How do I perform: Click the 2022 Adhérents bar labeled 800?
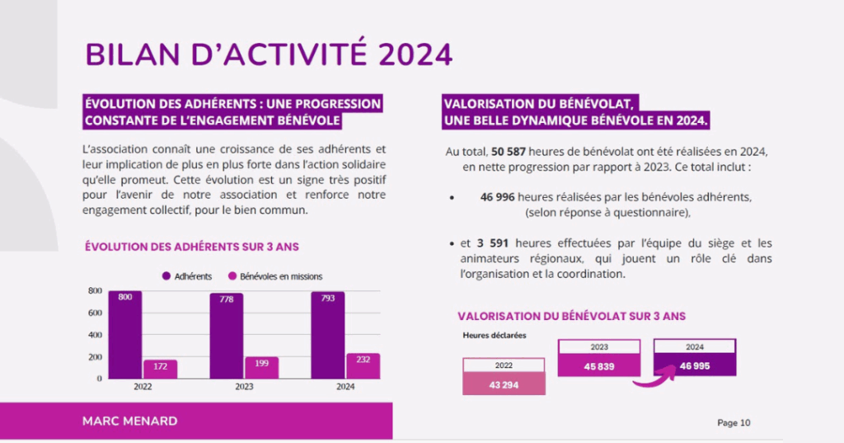pyautogui.click(x=124, y=334)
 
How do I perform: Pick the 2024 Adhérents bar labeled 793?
pyautogui.click(x=327, y=335)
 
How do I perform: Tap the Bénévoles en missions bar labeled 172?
pyautogui.click(x=160, y=369)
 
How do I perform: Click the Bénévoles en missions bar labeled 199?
pyautogui.click(x=261, y=367)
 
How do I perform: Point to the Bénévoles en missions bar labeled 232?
pyautogui.click(x=363, y=365)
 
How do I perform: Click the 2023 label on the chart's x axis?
pyautogui.click(x=244, y=386)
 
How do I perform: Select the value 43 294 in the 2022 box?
pyautogui.click(x=504, y=384)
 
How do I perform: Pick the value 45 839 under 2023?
pyautogui.click(x=598, y=365)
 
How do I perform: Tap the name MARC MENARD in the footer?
pyautogui.click(x=129, y=421)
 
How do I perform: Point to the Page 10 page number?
pyautogui.click(x=734, y=423)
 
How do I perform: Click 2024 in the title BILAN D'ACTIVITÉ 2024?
pyautogui.click(x=416, y=54)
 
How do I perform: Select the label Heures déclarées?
pyautogui.click(x=494, y=335)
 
